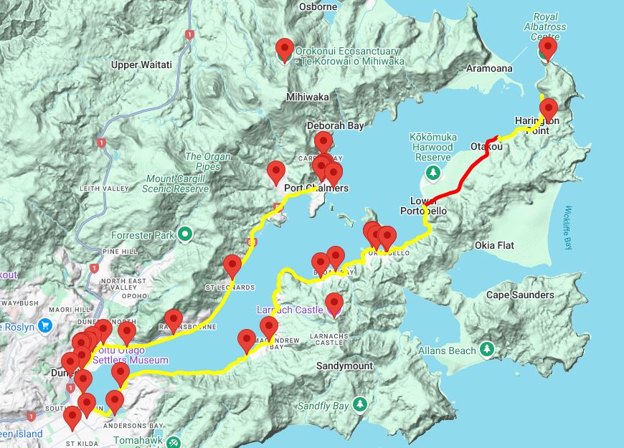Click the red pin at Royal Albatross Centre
coord(548,48)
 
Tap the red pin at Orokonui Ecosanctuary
coord(285,49)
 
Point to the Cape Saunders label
coord(520,295)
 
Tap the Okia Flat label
coord(494,245)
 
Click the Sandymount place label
coord(344,366)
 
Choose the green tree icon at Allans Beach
coord(488,350)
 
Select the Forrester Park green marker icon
coord(185,233)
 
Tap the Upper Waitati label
coord(141,65)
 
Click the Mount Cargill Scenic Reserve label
coord(177,184)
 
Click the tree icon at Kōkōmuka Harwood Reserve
coord(433,172)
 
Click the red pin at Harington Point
coord(549,109)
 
